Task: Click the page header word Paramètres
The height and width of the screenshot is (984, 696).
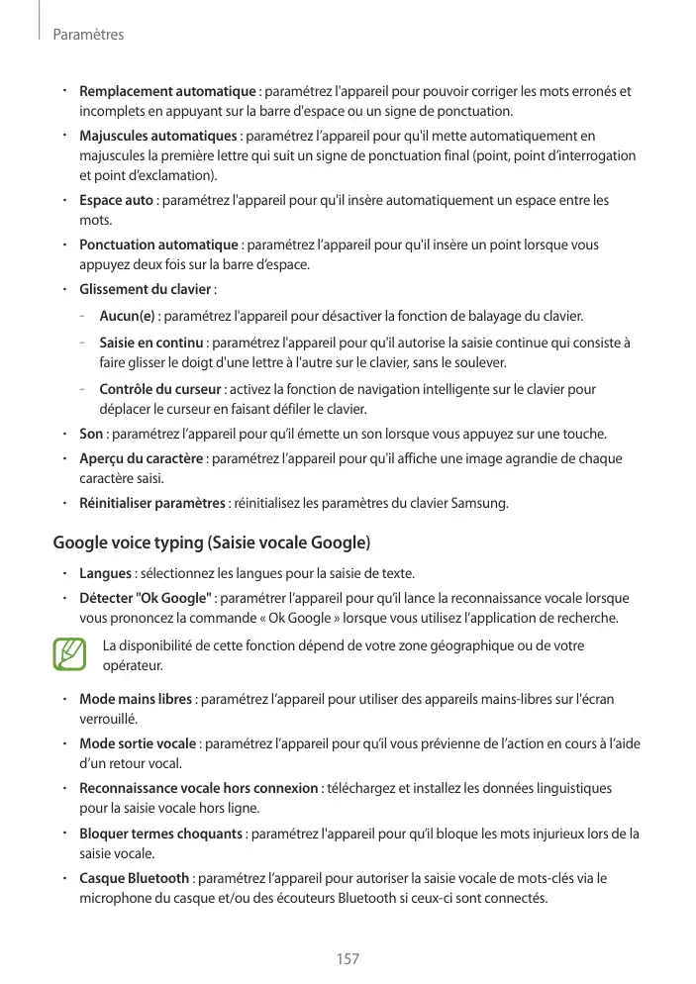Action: tap(87, 35)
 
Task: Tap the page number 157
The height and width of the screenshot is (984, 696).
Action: tap(348, 959)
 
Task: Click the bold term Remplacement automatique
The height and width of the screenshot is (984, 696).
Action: tap(167, 92)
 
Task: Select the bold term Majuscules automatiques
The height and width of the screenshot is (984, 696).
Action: tap(157, 136)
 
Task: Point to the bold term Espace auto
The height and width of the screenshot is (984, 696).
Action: tap(116, 201)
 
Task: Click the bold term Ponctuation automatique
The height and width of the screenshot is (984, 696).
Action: tap(158, 245)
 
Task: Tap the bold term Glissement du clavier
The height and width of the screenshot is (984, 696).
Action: tap(145, 289)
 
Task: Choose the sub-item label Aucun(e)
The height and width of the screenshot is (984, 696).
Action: tap(128, 317)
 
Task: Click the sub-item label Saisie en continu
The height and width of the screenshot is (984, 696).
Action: tap(151, 344)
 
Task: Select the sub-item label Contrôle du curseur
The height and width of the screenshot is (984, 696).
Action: tap(160, 389)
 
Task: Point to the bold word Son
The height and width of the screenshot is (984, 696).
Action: tap(91, 434)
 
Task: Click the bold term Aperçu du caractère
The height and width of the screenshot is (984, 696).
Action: tap(142, 458)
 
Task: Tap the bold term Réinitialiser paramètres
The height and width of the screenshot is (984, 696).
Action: tap(152, 504)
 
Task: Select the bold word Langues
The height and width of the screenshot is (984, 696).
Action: tap(105, 574)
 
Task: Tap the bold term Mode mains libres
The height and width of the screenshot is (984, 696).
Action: tap(136, 700)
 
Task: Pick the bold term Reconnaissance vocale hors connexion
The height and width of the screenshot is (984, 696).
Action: tap(199, 789)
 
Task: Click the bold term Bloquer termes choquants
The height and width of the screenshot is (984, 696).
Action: tap(160, 834)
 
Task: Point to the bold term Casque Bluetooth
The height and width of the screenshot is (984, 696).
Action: tap(134, 879)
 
